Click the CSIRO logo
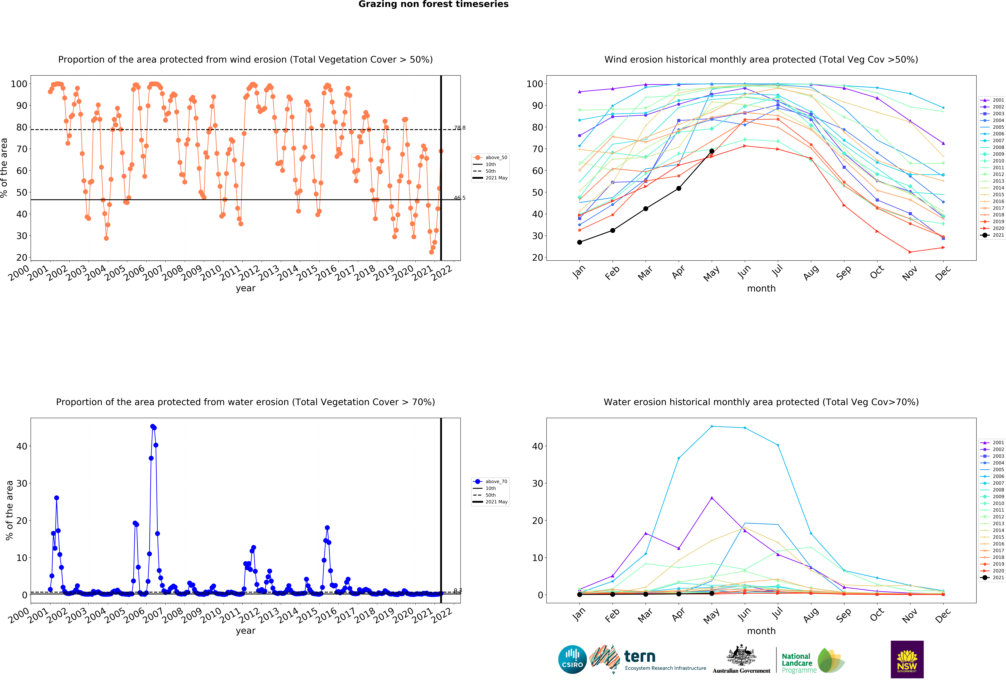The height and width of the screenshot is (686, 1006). [572, 660]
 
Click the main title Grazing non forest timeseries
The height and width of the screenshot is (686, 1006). [433, 4]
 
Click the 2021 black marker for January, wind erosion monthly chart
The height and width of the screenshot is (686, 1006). [580, 242]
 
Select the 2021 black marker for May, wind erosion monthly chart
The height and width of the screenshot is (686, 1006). [712, 151]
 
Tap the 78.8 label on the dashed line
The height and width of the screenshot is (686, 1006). [459, 128]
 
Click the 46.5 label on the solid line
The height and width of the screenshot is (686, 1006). [459, 198]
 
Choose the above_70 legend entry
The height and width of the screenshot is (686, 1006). [490, 482]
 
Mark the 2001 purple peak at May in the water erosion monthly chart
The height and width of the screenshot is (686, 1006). [712, 498]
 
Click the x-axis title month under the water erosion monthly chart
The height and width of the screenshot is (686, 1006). [761, 631]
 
